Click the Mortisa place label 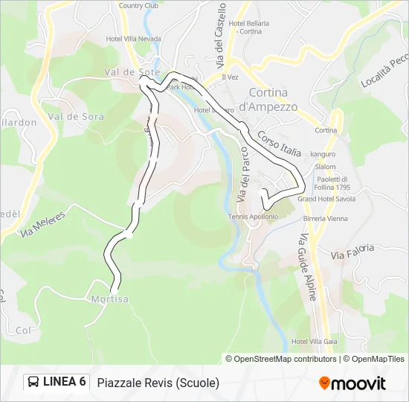click(x=110, y=299)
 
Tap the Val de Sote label click(x=123, y=72)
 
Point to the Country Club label click(x=141, y=5)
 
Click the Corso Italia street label click(x=279, y=144)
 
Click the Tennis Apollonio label click(x=254, y=217)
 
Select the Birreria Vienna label click(x=325, y=218)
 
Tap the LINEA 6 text click(x=65, y=382)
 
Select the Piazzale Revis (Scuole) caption click(x=158, y=383)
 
